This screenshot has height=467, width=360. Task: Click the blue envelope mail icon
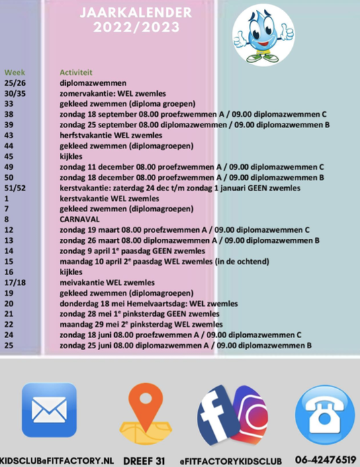[49, 410]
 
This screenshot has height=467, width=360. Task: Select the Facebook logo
[218, 415]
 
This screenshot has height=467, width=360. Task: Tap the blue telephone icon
[325, 414]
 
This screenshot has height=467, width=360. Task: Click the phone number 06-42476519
[326, 459]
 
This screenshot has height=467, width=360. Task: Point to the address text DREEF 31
[144, 460]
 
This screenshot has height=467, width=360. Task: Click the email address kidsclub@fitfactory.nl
[56, 460]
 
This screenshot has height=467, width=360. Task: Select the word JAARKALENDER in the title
[136, 13]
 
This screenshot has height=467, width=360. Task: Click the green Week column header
[15, 72]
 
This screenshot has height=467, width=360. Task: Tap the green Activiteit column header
[76, 72]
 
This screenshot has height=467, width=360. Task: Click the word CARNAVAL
[79, 219]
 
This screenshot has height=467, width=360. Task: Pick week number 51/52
[15, 188]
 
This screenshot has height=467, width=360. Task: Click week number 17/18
[15, 282]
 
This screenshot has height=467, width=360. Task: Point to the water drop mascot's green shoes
[262, 58]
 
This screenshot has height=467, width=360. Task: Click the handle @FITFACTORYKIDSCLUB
[230, 461]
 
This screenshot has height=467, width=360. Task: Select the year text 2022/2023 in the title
[136, 28]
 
